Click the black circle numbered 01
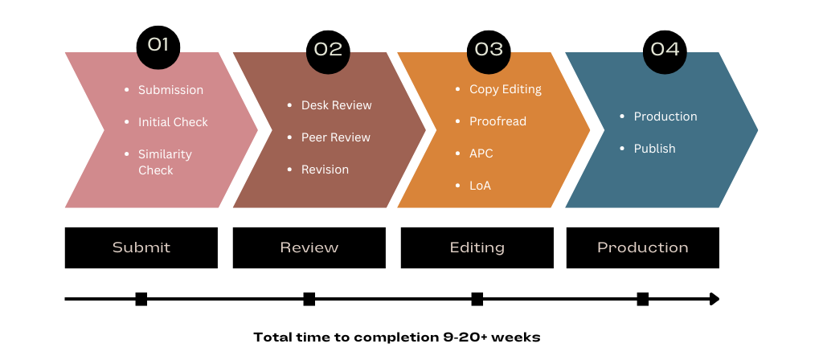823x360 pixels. tap(158, 47)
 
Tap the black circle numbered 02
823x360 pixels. tap(328, 51)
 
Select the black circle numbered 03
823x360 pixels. tap(489, 51)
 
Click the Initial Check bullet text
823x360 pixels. tap(173, 122)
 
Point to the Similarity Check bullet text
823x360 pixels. tap(165, 162)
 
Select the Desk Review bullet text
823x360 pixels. tap(336, 105)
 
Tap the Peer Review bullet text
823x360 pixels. tap(335, 137)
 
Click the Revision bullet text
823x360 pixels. tap(325, 170)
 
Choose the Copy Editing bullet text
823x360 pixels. tap(505, 89)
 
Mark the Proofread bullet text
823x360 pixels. tap(497, 121)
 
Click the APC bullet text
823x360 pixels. tap(481, 153)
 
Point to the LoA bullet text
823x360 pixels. tap(480, 186)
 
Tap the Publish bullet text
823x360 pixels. tap(654, 149)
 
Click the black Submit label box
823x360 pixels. tap(141, 247)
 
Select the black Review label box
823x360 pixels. tap(309, 247)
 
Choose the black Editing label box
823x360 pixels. tap(477, 247)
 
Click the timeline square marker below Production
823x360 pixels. tap(643, 299)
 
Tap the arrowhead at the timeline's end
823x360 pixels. tap(714, 299)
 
